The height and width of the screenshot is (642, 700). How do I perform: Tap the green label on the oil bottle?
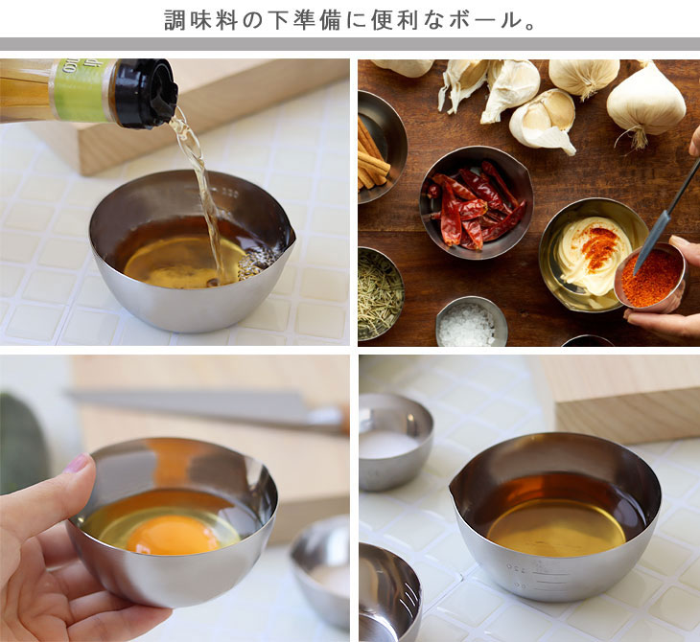(81, 90)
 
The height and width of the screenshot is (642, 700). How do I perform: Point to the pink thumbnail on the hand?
(76, 463)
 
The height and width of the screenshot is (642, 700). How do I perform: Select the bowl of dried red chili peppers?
(477, 203)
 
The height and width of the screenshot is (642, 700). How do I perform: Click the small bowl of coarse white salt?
(472, 322)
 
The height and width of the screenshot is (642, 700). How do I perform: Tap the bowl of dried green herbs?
(381, 293)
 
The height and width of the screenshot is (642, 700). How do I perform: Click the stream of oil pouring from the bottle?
(199, 188)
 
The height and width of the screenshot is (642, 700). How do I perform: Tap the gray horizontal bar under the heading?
(350, 44)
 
